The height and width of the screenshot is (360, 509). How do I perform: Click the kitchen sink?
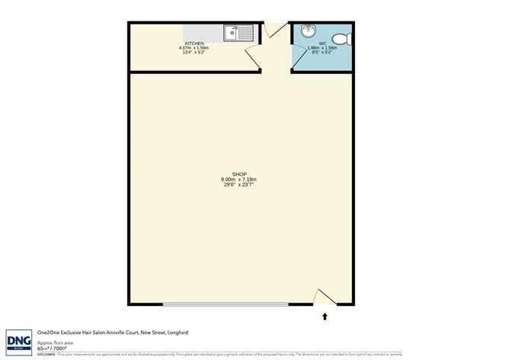[239, 33]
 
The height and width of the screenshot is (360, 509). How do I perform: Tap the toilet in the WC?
[345, 37]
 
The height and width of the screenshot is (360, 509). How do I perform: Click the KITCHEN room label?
[194, 43]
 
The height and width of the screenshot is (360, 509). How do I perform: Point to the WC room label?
[323, 43]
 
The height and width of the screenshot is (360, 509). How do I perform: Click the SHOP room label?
[239, 175]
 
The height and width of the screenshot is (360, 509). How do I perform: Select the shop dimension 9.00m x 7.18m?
[239, 179]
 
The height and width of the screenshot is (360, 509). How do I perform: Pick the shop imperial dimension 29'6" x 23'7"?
[239, 185]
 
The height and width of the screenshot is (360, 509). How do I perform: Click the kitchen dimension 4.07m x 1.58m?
[194, 48]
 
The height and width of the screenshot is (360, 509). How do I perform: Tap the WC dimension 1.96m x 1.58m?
[323, 48]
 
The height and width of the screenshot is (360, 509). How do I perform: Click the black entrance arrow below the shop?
[325, 315]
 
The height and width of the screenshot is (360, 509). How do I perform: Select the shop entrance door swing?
[324, 297]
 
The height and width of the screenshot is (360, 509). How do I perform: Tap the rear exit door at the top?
[275, 29]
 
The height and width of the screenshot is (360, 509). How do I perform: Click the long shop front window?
[226, 304]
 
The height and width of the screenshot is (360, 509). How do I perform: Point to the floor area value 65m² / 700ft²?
[51, 348]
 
